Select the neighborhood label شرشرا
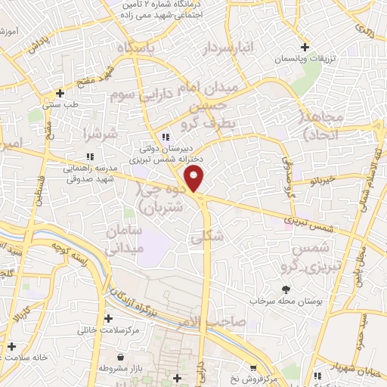[102, 135]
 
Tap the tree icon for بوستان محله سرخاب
[286, 289]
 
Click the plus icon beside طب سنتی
[59, 95]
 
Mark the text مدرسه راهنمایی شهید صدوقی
[89, 173]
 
